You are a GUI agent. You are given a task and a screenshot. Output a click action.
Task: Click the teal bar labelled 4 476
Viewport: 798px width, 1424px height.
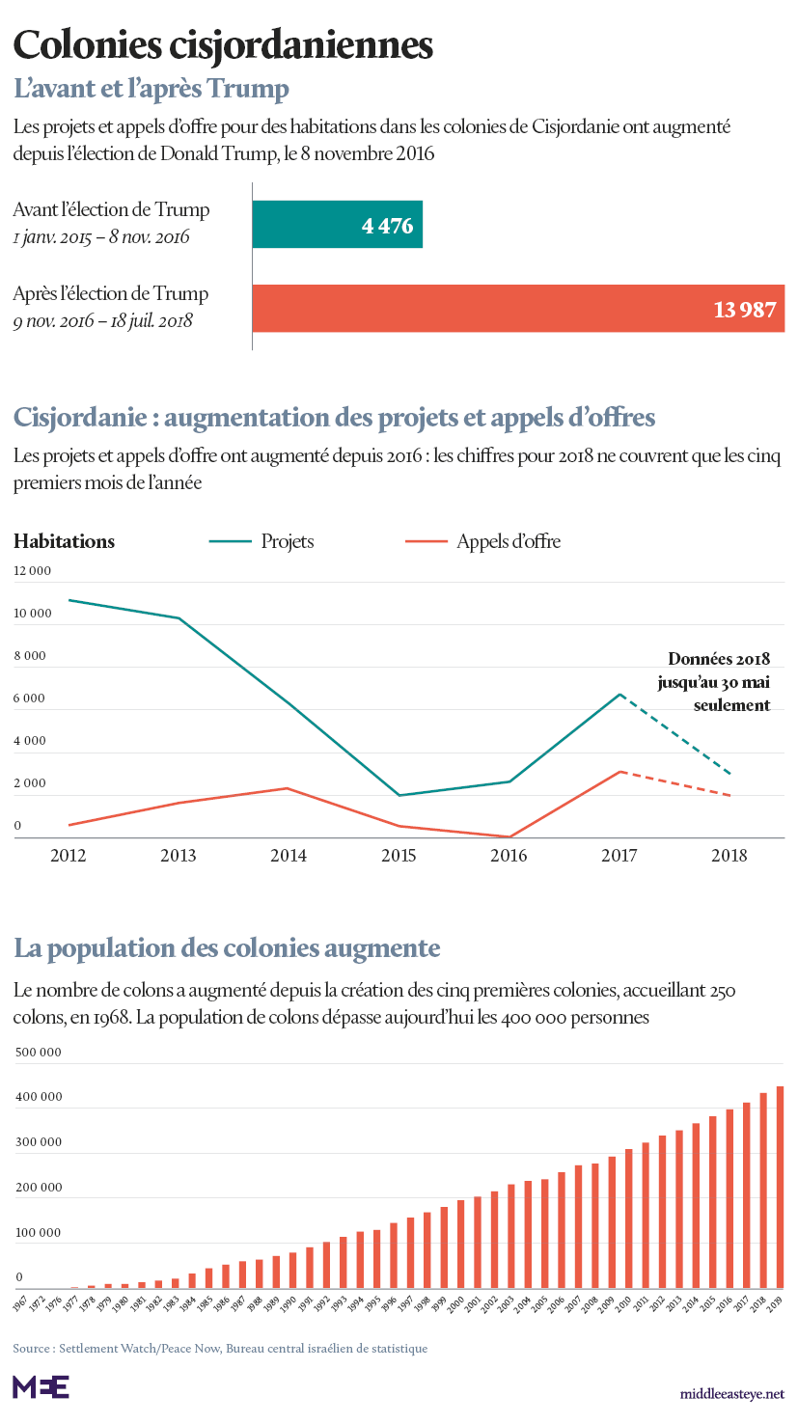(337, 226)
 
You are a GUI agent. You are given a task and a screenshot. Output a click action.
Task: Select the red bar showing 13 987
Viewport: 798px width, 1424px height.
(518, 309)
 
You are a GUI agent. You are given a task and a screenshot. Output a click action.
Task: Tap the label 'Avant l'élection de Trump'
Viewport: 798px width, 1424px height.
(111, 209)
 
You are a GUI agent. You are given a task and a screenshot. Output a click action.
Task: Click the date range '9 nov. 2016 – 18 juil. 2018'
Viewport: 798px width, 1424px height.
(103, 320)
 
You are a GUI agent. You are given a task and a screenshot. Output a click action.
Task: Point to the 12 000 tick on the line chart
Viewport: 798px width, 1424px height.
(32, 571)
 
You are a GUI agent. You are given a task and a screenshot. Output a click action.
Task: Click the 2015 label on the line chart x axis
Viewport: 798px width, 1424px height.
(399, 856)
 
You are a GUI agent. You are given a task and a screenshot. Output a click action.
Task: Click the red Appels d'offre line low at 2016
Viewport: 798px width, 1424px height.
(509, 836)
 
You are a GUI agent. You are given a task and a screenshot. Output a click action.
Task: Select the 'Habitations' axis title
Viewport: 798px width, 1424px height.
(64, 541)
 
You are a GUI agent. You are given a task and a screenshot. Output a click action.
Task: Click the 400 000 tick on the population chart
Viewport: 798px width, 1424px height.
(39, 1097)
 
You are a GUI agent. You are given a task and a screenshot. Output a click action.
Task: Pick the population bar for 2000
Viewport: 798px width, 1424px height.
(461, 1244)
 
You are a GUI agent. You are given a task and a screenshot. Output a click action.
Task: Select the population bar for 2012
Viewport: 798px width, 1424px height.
(662, 1211)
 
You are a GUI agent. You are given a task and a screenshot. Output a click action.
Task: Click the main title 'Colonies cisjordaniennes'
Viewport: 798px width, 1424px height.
(223, 45)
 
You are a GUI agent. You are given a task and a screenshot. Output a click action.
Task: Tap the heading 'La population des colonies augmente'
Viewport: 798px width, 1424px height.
(227, 948)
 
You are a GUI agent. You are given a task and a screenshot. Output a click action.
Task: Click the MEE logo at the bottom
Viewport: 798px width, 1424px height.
(41, 1386)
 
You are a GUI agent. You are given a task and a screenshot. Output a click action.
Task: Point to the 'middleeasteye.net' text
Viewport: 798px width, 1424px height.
(731, 1394)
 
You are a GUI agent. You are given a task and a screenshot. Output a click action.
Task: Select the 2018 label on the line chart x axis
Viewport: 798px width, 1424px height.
(729, 856)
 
